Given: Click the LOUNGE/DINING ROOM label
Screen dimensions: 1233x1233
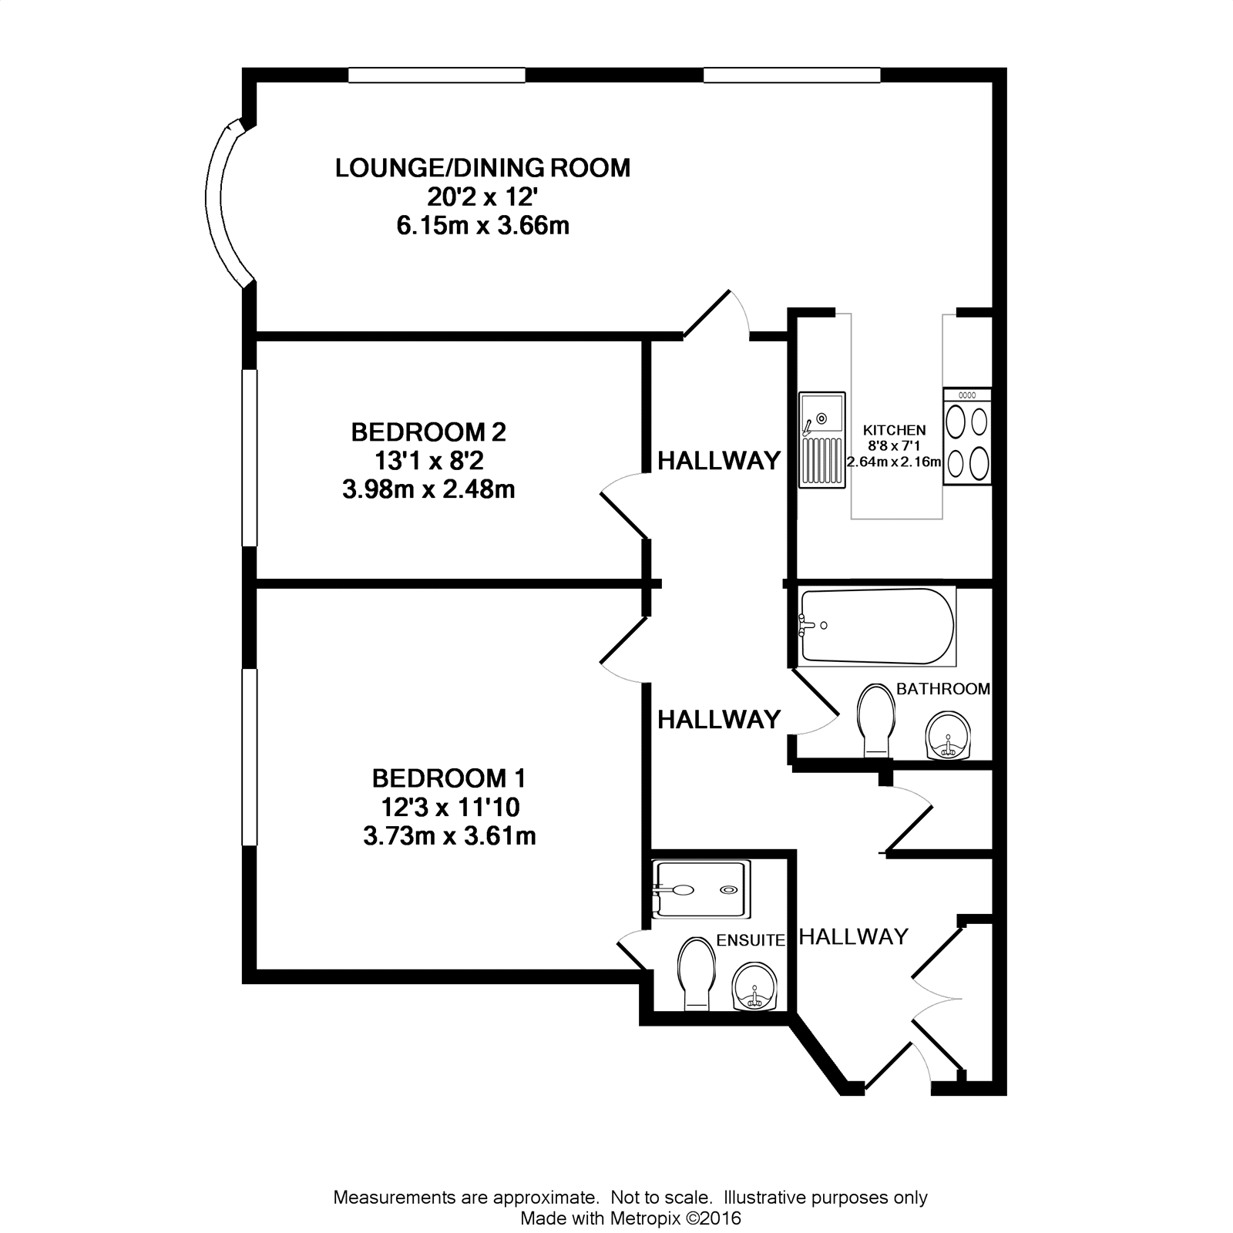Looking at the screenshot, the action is tap(482, 168).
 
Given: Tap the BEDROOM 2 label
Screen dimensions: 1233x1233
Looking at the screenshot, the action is tap(428, 432).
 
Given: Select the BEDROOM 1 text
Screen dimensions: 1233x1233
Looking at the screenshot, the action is tap(449, 778).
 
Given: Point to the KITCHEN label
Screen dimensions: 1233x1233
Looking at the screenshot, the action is tap(894, 430).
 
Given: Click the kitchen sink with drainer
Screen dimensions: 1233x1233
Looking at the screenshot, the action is tap(822, 439).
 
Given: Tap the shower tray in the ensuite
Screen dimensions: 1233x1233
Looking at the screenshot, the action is tap(700, 889).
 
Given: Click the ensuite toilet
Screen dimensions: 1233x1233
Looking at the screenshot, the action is tap(697, 973).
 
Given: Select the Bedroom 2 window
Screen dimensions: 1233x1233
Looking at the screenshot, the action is tap(248, 458).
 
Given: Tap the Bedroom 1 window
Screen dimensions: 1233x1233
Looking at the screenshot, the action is tap(248, 757).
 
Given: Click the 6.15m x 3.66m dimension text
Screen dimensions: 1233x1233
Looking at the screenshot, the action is tap(482, 226).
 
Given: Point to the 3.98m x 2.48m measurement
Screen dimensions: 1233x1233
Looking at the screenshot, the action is tap(428, 489).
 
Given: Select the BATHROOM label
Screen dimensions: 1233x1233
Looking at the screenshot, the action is tap(943, 689).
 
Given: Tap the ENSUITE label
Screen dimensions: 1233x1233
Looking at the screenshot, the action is tap(751, 940).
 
